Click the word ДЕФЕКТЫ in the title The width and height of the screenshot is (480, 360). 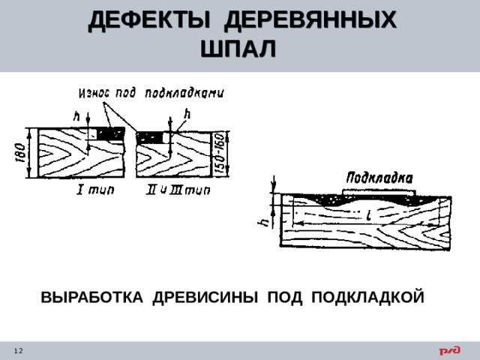coord(149,20)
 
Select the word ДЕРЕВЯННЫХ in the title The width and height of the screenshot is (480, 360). coord(310,20)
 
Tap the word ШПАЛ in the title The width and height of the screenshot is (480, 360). coord(238,48)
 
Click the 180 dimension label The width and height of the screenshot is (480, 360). coord(21,152)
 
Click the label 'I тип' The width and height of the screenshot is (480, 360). coord(95,190)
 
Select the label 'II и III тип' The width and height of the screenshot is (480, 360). coord(178,190)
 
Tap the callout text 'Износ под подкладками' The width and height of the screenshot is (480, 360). coord(151,93)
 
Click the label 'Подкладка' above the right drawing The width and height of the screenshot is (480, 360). coord(379,178)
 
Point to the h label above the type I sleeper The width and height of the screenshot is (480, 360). coord(76,116)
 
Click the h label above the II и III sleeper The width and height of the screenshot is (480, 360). coord(187,114)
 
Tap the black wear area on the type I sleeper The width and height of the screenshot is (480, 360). coord(111,134)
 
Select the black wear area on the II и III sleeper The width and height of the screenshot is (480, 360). coord(149,138)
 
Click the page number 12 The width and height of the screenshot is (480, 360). coord(18,351)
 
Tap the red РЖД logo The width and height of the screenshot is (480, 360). coord(450,350)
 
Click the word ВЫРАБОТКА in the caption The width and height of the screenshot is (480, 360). coord(91,297)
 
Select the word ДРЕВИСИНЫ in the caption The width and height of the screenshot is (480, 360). coord(205,297)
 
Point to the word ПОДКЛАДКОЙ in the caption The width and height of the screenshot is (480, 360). coord(367,297)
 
